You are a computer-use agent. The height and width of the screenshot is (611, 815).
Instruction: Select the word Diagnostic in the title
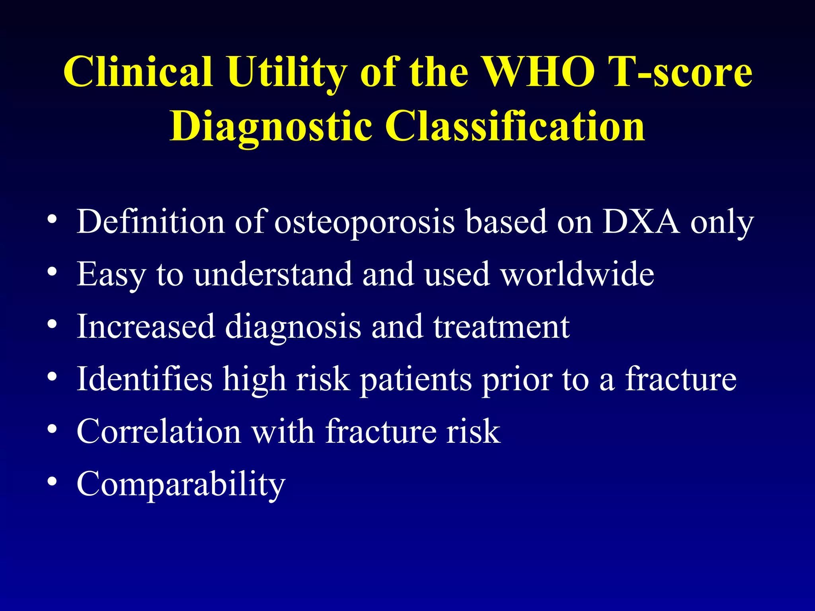click(271, 126)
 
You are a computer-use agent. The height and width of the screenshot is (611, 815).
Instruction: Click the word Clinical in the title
click(138, 72)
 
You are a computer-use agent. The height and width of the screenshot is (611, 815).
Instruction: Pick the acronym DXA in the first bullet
click(641, 222)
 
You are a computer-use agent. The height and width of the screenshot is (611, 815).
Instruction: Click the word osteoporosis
click(364, 222)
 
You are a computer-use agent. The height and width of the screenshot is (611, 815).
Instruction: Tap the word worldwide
click(577, 274)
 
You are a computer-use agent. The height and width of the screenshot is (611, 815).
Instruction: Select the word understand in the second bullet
click(273, 274)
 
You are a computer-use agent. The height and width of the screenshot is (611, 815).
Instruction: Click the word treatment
click(501, 327)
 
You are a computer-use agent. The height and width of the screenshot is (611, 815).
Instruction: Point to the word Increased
click(146, 327)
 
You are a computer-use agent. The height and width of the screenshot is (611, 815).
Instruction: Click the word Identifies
click(144, 379)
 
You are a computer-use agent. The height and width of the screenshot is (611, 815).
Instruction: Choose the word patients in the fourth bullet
click(416, 379)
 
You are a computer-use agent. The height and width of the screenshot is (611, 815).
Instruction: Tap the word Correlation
click(159, 432)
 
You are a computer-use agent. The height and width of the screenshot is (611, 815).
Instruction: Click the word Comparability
click(181, 484)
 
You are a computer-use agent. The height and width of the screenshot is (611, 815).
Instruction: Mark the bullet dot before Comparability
click(52, 481)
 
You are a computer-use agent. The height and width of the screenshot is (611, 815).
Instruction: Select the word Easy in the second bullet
click(111, 274)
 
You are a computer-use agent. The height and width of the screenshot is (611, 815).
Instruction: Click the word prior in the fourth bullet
click(517, 379)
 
